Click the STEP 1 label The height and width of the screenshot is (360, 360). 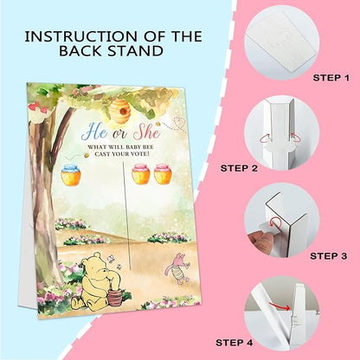tap(331, 78)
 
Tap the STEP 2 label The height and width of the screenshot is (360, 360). tap(239, 168)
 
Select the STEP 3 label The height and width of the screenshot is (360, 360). tap(329, 256)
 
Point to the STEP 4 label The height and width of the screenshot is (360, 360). tap(235, 343)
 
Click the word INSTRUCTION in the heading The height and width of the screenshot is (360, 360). tap(81, 36)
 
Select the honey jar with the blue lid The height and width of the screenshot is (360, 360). tap(71, 175)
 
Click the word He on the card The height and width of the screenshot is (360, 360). tap(94, 132)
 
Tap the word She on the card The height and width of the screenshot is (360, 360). tap(146, 132)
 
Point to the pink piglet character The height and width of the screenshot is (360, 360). tap(177, 269)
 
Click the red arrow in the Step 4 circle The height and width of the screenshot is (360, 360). tap(280, 305)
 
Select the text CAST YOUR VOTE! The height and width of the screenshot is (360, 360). tap(122, 154)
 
